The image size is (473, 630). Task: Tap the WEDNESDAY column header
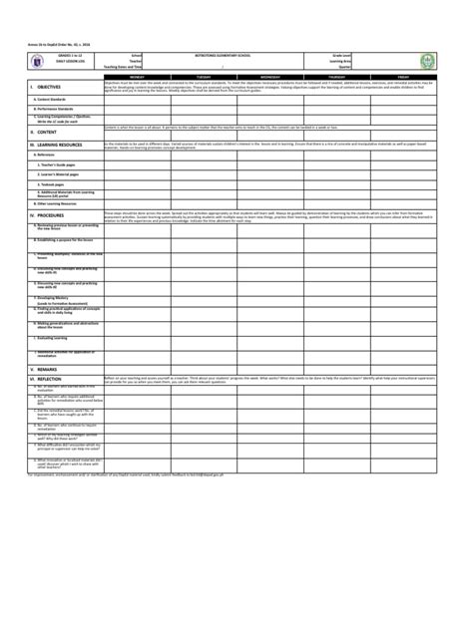click(270, 76)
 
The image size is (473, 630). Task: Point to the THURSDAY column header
click(337, 76)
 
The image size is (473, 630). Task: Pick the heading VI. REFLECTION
click(46, 379)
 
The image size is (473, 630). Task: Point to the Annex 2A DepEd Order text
click(49, 44)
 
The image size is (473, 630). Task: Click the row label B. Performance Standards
click(59, 108)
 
